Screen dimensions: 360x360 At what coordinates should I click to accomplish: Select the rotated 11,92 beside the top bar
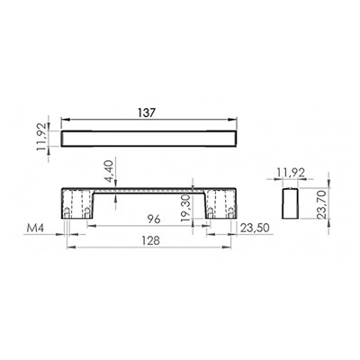pyautogui.click(x=51, y=139)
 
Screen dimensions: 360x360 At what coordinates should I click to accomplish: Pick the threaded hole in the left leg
pyautogui.click(x=71, y=212)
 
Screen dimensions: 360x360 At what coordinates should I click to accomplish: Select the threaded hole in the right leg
pyautogui.click(x=212, y=212)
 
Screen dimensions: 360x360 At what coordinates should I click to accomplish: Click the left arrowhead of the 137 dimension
pyautogui.click(x=65, y=121)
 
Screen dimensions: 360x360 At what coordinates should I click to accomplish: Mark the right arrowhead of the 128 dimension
pyautogui.click(x=210, y=248)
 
